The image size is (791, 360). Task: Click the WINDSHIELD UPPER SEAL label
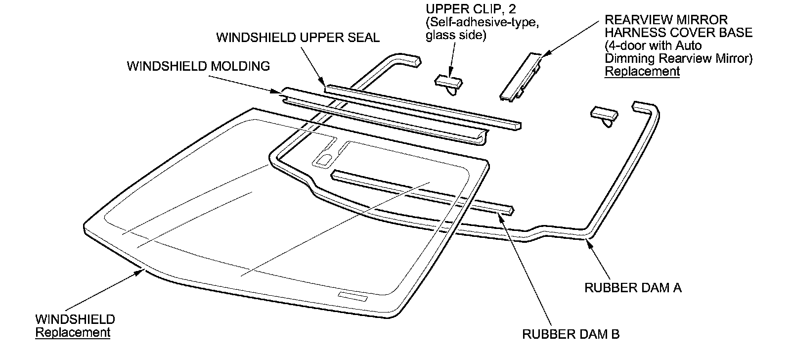298,38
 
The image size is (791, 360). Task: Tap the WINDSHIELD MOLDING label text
198,66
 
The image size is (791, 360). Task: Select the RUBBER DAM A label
633,288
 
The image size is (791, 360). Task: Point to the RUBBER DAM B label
571,334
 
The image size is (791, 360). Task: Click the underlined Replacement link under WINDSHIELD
73,332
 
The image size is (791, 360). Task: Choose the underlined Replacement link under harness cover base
642,71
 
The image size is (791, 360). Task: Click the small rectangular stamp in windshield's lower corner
352,296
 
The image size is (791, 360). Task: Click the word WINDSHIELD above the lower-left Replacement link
75,319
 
